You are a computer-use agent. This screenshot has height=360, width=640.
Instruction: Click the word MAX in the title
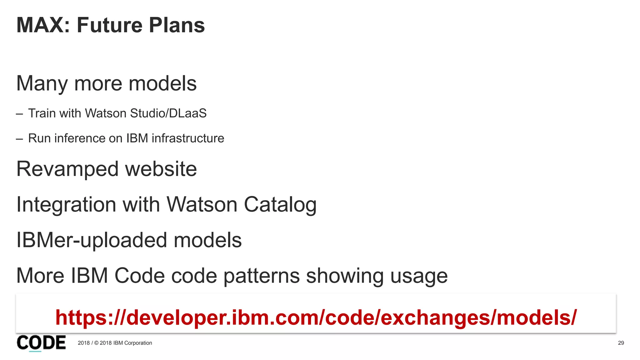(x=40, y=25)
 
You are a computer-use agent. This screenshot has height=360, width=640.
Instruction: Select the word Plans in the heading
(x=177, y=25)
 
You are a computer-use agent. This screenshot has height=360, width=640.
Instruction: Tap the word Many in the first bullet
(x=42, y=84)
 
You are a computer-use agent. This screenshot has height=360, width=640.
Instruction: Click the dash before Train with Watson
(x=19, y=114)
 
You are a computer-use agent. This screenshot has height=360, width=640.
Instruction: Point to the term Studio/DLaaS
(x=168, y=113)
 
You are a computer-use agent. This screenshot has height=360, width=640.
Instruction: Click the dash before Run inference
(x=19, y=139)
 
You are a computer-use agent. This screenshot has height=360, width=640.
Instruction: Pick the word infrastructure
(x=188, y=138)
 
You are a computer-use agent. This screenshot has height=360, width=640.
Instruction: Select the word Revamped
(x=67, y=169)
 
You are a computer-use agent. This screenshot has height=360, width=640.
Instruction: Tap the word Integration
(x=66, y=205)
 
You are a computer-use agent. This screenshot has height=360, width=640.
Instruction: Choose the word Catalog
(x=280, y=205)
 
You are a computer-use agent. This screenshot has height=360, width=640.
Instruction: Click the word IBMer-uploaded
(x=91, y=240)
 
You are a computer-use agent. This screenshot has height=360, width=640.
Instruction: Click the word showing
(x=345, y=276)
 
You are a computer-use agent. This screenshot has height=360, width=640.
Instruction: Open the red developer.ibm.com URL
(x=316, y=317)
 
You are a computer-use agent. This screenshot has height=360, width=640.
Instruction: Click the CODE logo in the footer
(x=41, y=343)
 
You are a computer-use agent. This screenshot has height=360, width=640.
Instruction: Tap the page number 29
(x=621, y=343)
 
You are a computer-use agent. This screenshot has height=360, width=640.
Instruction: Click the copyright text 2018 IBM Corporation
(x=125, y=343)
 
